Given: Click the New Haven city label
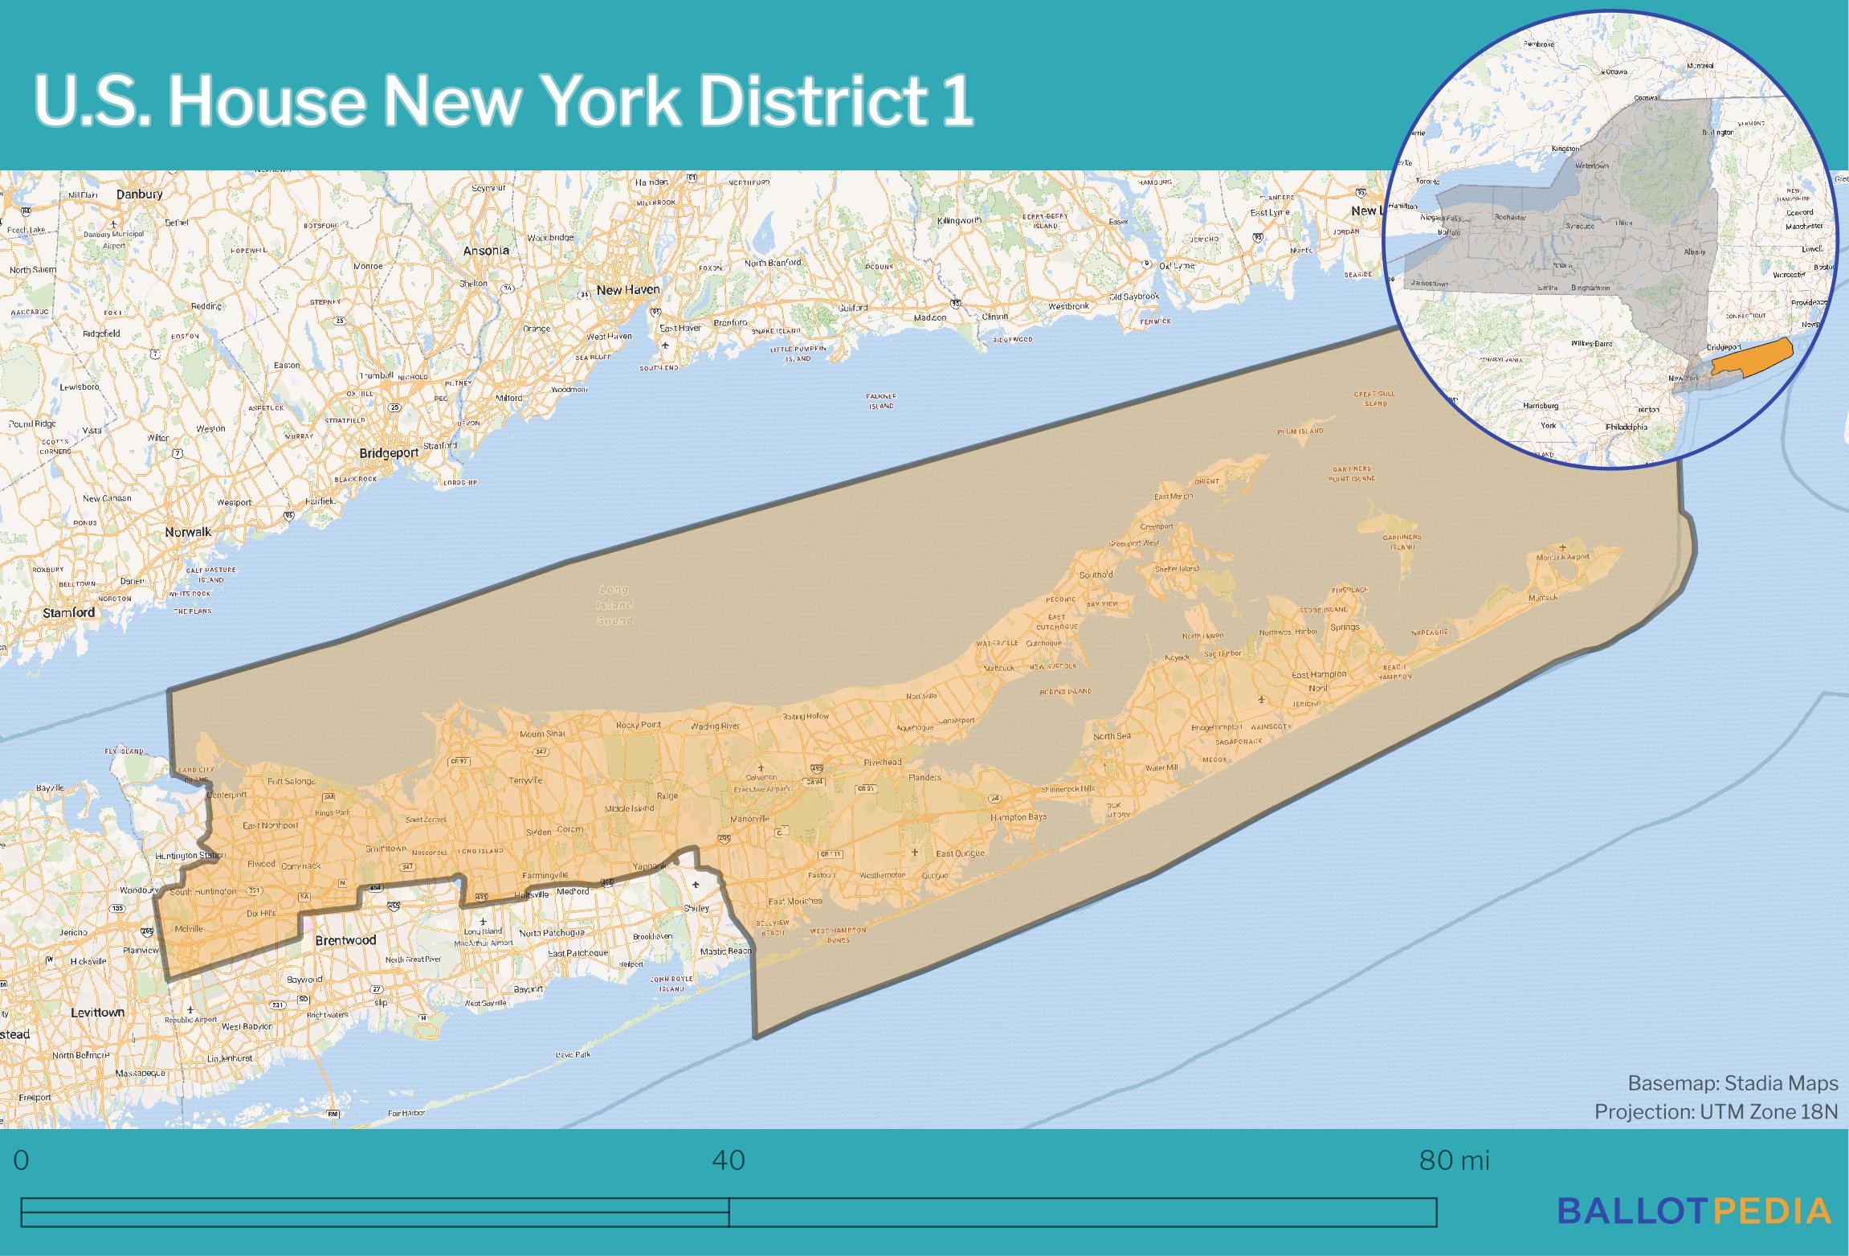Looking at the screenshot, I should coord(628,290).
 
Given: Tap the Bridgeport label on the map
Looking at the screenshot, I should coord(389,453).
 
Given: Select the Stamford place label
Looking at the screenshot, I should coord(69,612).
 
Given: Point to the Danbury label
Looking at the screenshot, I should coord(139,194).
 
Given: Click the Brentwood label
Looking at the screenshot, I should coord(345,940).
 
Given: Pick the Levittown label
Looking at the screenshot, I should coord(97,1013).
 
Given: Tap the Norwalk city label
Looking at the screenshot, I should coord(188,532).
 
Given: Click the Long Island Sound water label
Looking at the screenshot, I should coord(615,605).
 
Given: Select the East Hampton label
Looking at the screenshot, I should coord(1319,675).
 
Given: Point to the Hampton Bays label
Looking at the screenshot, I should coord(1018,817).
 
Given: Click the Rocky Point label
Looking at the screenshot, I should coord(639,725).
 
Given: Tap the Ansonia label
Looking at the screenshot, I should coord(486,251).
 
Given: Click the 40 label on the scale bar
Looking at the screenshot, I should coord(729,1160).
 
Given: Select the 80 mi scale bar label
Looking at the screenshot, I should coord(1454,1160).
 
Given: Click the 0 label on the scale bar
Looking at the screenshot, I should coord(22,1160).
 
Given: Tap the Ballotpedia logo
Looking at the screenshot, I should coord(1694,1211).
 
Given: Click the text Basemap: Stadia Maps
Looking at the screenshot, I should coord(1733,1083).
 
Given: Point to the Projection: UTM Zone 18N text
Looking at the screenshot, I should coord(1716,1111).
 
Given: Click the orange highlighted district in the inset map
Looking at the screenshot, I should coord(1751,356).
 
